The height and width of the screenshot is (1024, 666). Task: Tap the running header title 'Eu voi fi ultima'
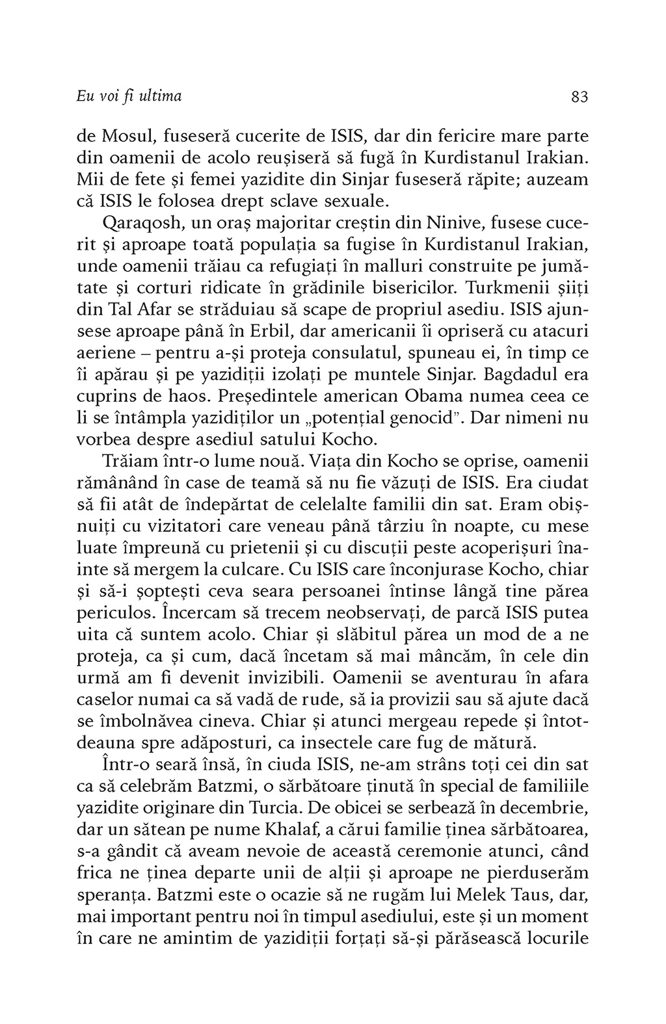click(129, 97)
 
